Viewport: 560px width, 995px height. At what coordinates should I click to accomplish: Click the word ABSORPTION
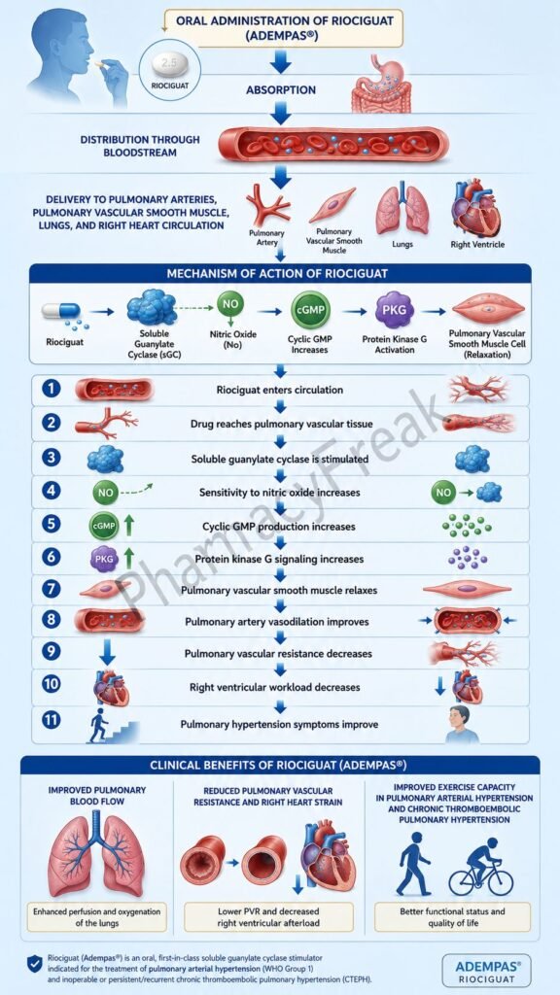click(x=281, y=90)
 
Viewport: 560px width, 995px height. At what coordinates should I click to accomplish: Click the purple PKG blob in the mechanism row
click(x=395, y=310)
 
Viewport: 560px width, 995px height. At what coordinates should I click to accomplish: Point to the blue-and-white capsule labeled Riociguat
click(x=61, y=310)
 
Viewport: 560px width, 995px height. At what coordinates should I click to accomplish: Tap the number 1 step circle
click(x=52, y=389)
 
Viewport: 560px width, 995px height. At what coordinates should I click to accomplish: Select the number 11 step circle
click(x=52, y=722)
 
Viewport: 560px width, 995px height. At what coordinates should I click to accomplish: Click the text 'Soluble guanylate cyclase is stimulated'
click(x=280, y=459)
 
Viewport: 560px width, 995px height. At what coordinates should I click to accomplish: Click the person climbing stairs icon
click(x=112, y=726)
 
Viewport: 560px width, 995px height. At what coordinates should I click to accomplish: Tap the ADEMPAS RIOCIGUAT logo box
click(x=486, y=971)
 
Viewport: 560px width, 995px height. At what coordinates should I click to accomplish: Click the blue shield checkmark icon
click(x=35, y=963)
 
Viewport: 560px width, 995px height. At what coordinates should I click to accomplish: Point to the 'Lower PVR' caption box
click(x=268, y=917)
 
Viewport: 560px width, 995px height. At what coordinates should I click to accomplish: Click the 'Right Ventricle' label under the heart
click(x=477, y=244)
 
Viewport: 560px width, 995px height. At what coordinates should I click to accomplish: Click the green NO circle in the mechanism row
click(x=229, y=304)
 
